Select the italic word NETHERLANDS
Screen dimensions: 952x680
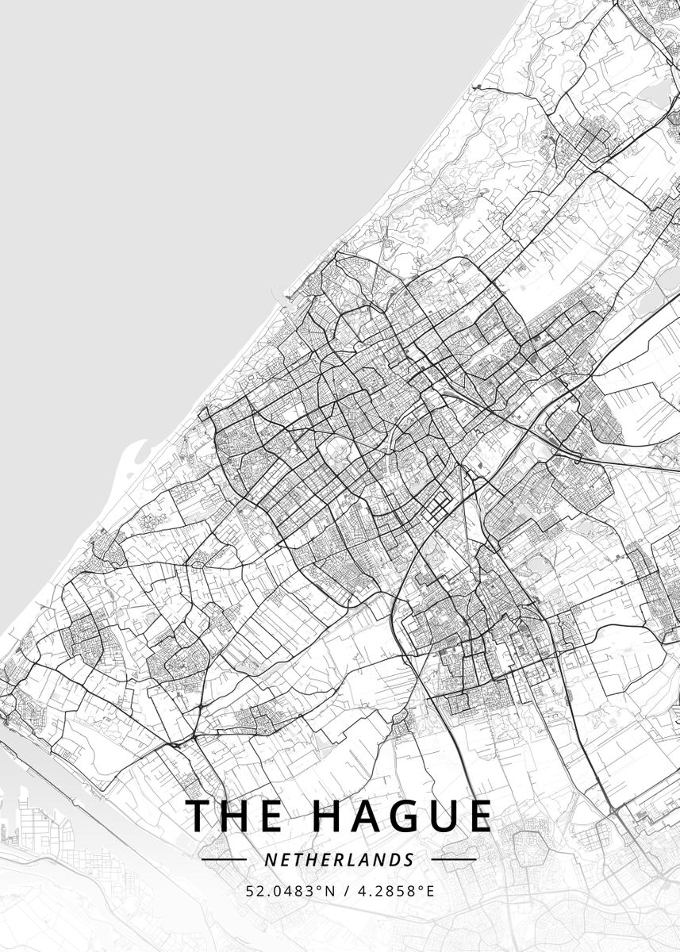[340, 860]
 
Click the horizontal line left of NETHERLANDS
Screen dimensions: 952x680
[224, 859]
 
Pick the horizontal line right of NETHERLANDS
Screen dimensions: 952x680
[454, 859]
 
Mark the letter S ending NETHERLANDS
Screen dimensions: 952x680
[409, 860]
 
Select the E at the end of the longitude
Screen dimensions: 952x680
[431, 891]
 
